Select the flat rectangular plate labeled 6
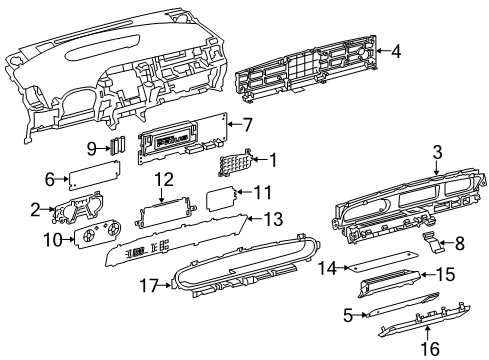(83, 178)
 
